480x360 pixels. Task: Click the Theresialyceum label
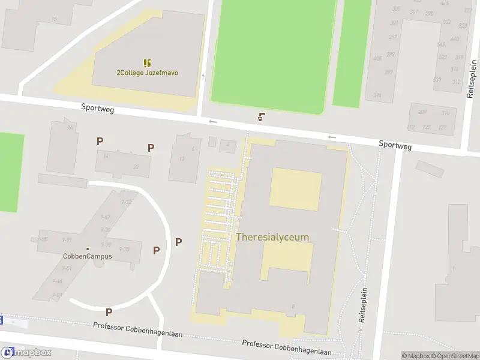tap(272, 237)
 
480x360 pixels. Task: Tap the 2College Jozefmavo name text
tap(147, 73)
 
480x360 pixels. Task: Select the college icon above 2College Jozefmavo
tap(147, 63)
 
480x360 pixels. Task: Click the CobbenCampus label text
tap(88, 256)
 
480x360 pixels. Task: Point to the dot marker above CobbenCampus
tap(88, 248)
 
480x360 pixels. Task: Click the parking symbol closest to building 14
tap(100, 141)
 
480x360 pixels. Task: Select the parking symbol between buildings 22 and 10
tap(151, 147)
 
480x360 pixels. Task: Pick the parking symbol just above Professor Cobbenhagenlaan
tap(109, 311)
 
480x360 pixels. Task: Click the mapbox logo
tap(26, 353)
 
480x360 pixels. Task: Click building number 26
tap(70, 127)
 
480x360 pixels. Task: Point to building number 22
tap(136, 167)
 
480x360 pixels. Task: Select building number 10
tap(181, 158)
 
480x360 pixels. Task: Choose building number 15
tap(54, 20)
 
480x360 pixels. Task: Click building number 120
tap(427, 127)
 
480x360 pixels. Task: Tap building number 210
tap(445, 113)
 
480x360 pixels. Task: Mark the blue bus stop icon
tap(1, 320)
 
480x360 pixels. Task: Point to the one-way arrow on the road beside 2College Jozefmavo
tap(203, 77)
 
